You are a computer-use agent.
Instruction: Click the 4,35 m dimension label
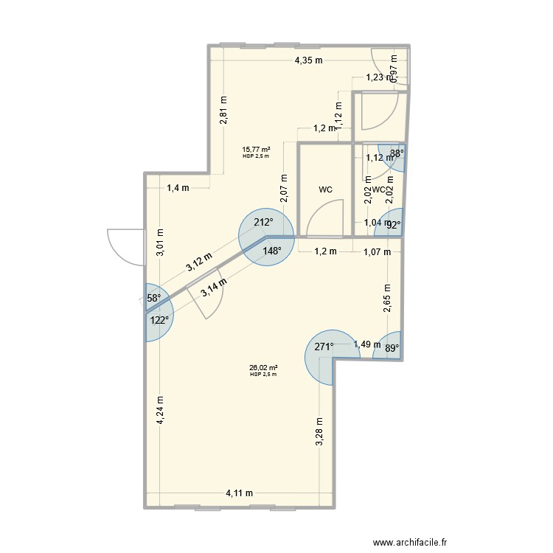[309, 61]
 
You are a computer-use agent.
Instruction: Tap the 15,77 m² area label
[256, 150]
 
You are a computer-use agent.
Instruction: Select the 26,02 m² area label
[263, 368]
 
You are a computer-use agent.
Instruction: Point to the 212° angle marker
[263, 222]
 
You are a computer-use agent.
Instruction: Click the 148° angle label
[272, 251]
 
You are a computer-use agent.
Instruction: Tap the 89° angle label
[393, 348]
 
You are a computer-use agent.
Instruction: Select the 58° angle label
[153, 298]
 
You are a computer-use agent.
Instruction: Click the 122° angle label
[160, 320]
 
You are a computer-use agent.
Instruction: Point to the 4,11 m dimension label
[239, 493]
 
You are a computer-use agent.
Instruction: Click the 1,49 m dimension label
[366, 344]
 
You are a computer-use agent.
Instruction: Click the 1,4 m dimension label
[178, 187]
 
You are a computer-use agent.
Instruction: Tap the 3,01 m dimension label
[161, 243]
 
